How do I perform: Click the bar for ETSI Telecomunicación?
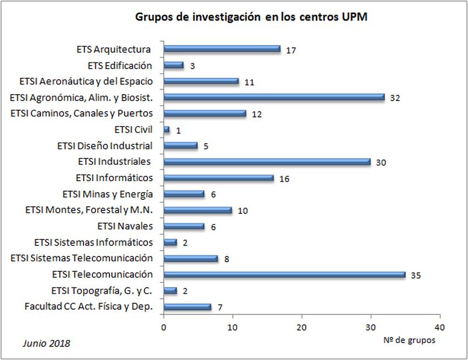284,274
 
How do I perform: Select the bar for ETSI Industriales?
267,162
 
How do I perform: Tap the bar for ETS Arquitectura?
222,49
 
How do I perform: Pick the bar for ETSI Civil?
167,130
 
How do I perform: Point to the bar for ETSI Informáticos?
218,178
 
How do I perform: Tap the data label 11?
249,82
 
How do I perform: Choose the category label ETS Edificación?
120,65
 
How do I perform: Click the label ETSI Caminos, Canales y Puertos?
82,113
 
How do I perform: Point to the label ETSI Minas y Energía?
108,194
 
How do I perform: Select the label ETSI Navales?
125,226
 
